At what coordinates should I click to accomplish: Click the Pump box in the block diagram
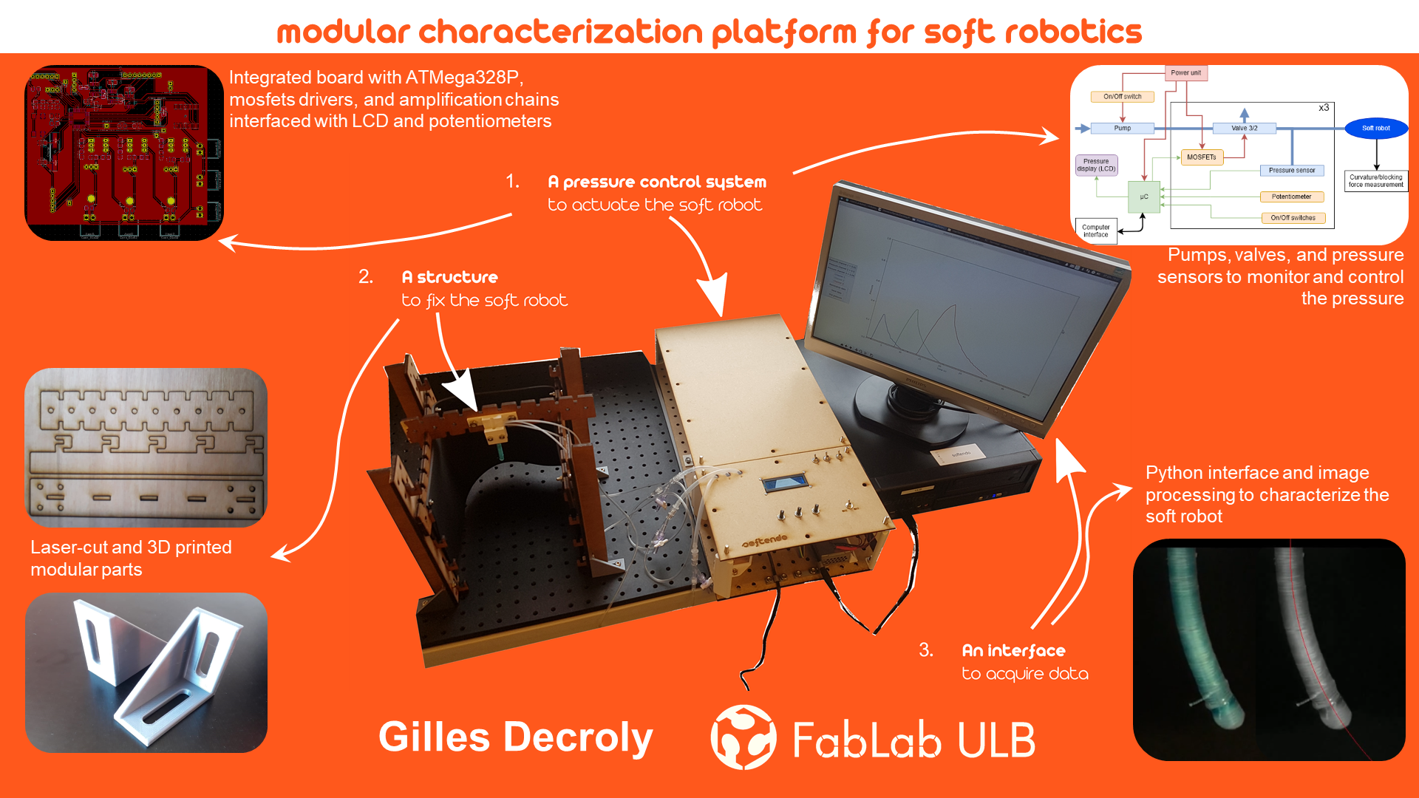[1122, 129]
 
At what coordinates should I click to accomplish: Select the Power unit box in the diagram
[1185, 73]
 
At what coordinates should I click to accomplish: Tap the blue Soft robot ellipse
[1375, 129]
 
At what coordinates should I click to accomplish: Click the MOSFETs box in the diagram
[1201, 157]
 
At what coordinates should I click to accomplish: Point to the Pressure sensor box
[1291, 171]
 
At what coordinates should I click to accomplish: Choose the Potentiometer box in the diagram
[1291, 197]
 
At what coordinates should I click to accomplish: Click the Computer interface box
[1095, 231]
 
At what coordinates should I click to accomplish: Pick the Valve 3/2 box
[1244, 129]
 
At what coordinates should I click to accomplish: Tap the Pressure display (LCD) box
[1096, 165]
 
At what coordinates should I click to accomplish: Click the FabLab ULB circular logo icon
[743, 737]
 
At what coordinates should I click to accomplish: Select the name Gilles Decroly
[515, 737]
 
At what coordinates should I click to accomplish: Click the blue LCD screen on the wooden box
[785, 484]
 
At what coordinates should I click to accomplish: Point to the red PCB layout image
[124, 153]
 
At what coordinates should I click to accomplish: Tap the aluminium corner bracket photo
[146, 672]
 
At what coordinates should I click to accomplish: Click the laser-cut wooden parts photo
[146, 447]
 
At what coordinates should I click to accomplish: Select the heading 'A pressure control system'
[657, 182]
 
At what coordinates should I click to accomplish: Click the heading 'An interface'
[1013, 651]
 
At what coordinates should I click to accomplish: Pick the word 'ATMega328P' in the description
[462, 78]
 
